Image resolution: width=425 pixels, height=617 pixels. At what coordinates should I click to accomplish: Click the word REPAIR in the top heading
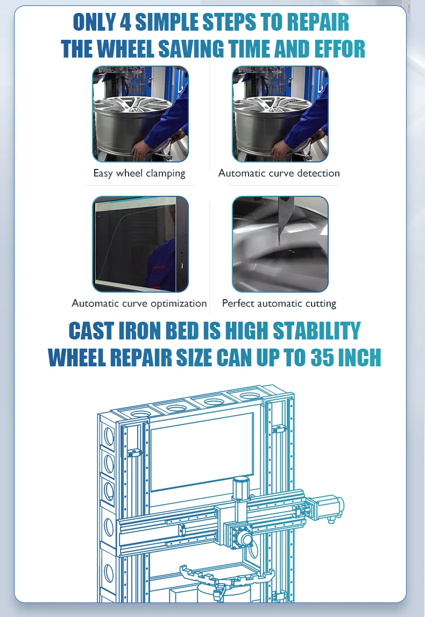pos(317,23)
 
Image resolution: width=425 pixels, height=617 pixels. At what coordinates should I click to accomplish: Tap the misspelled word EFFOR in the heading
pos(339,49)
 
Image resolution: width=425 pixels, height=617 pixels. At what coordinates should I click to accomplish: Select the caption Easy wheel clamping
pos(139,173)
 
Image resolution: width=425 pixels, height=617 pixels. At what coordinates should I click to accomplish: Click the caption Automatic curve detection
pos(279,173)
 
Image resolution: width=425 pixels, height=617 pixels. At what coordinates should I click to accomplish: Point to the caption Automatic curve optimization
pos(139,303)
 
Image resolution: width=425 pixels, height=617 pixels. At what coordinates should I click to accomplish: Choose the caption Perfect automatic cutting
pos(279,303)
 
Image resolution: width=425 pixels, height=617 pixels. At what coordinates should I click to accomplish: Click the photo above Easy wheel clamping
pos(140,114)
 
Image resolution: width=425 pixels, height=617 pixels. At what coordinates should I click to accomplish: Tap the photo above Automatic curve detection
pos(280,114)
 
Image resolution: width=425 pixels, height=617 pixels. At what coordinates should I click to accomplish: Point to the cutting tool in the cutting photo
pos(283,221)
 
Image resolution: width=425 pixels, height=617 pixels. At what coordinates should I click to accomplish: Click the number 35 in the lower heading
pos(322,358)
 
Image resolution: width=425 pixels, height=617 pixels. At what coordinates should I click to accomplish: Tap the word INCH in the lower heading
pos(359,358)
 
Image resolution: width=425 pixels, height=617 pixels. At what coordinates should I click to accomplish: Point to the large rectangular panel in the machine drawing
pos(202,452)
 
